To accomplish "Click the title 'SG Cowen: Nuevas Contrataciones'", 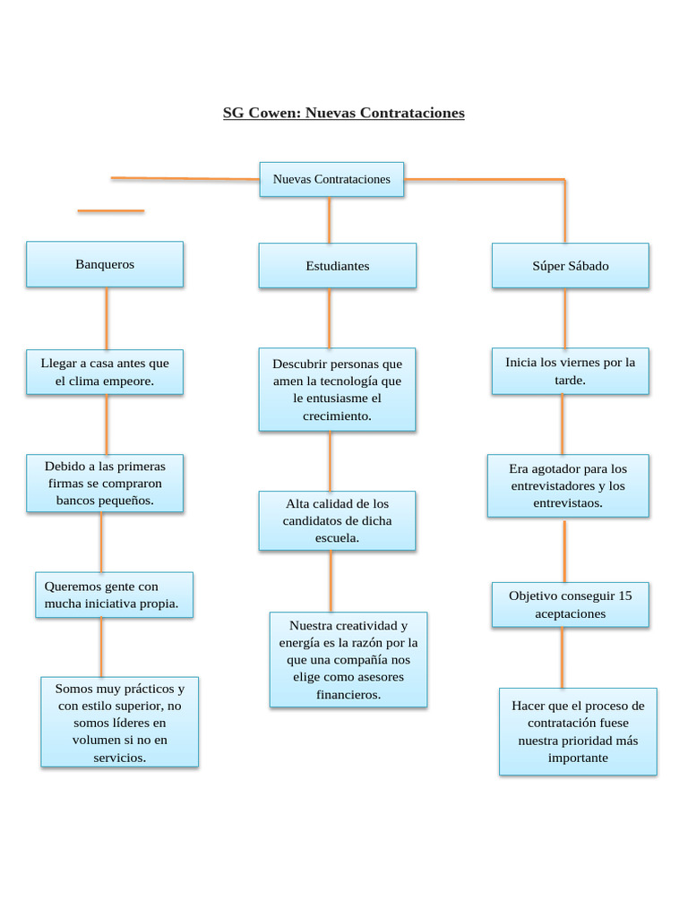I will (x=343, y=113).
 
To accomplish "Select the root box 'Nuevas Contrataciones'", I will (x=331, y=179).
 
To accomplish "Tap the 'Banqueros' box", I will (x=105, y=264).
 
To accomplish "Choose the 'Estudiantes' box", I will (x=337, y=266).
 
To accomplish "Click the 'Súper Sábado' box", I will (x=570, y=266).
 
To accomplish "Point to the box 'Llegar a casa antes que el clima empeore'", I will (x=105, y=372).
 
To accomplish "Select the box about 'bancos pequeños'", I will (x=105, y=483).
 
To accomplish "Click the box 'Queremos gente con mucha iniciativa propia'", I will (x=114, y=595).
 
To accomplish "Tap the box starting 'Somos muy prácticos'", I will (x=119, y=722).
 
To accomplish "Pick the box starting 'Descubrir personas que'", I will (x=337, y=390).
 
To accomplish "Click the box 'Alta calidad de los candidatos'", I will (x=337, y=520).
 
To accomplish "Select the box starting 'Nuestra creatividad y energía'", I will (x=348, y=659).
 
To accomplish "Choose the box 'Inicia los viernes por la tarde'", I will (x=570, y=371).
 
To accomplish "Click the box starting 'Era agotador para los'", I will (x=568, y=485).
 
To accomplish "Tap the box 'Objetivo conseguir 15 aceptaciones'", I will (x=570, y=604).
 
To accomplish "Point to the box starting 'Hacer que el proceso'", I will (x=578, y=731).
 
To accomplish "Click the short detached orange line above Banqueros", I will (x=110, y=211).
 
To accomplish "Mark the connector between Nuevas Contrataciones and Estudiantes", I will (x=329, y=219).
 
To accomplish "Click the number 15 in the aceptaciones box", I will (x=624, y=596).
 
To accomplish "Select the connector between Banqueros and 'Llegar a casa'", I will (x=107, y=318).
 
